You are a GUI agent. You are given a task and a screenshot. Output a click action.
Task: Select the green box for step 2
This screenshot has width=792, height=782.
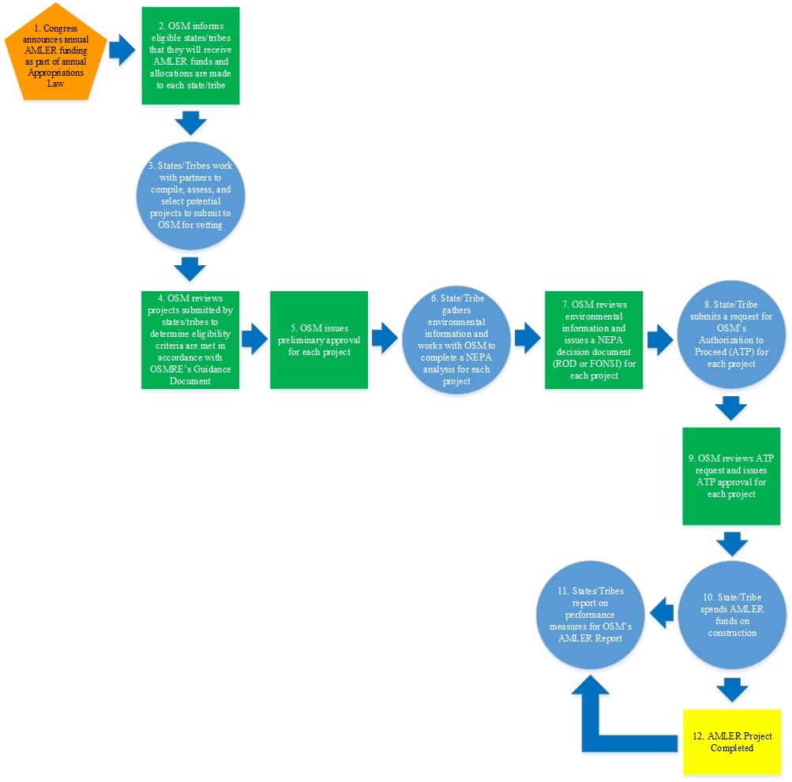[190, 56]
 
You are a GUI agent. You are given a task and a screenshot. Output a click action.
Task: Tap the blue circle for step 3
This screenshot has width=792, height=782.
[190, 196]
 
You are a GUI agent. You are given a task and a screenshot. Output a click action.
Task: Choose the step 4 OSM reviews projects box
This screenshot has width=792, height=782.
[190, 339]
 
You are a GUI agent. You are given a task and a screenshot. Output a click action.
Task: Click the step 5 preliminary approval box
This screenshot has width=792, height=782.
[319, 339]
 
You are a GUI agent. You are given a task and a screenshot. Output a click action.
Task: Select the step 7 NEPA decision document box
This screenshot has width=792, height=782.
[594, 339]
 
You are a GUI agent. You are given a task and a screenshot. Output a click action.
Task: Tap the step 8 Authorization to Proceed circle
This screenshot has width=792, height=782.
[732, 340]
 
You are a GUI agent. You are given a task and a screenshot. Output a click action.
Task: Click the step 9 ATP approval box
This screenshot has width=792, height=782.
[732, 477]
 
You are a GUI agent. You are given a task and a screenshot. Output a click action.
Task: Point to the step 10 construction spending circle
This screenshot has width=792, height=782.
[732, 616]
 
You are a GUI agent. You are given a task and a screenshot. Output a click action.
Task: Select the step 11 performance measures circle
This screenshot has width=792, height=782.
[590, 616]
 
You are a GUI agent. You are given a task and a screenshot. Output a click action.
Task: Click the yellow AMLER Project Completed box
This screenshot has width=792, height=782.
[732, 742]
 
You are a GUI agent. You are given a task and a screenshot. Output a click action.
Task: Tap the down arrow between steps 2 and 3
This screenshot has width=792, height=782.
[190, 122]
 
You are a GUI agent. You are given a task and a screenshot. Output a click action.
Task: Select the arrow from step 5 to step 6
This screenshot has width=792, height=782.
[385, 339]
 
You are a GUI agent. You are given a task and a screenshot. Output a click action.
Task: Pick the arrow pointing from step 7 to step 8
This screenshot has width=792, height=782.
[660, 339]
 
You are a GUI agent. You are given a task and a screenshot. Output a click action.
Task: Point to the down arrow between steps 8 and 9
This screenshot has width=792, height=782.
[732, 409]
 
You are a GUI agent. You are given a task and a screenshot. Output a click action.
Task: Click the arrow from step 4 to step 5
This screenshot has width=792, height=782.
[254, 339]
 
